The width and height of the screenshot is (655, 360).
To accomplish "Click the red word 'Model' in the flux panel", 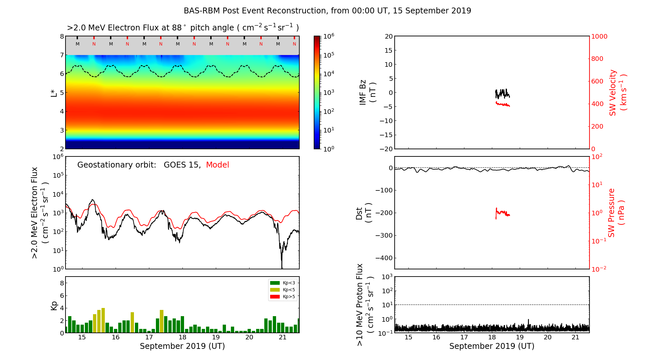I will pyautogui.click(x=217, y=165).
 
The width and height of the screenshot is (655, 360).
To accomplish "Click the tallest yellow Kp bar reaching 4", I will pyautogui.click(x=103, y=320).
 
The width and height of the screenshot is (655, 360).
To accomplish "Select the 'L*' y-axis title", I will pyautogui.click(x=54, y=92).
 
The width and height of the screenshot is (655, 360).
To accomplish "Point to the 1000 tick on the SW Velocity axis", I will pyautogui.click(x=599, y=36).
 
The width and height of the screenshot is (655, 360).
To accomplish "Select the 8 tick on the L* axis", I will pyautogui.click(x=62, y=36).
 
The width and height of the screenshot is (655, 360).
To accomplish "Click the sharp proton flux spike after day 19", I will pyautogui.click(x=528, y=321).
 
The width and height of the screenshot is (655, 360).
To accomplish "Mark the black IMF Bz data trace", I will pyautogui.click(x=502, y=94).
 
